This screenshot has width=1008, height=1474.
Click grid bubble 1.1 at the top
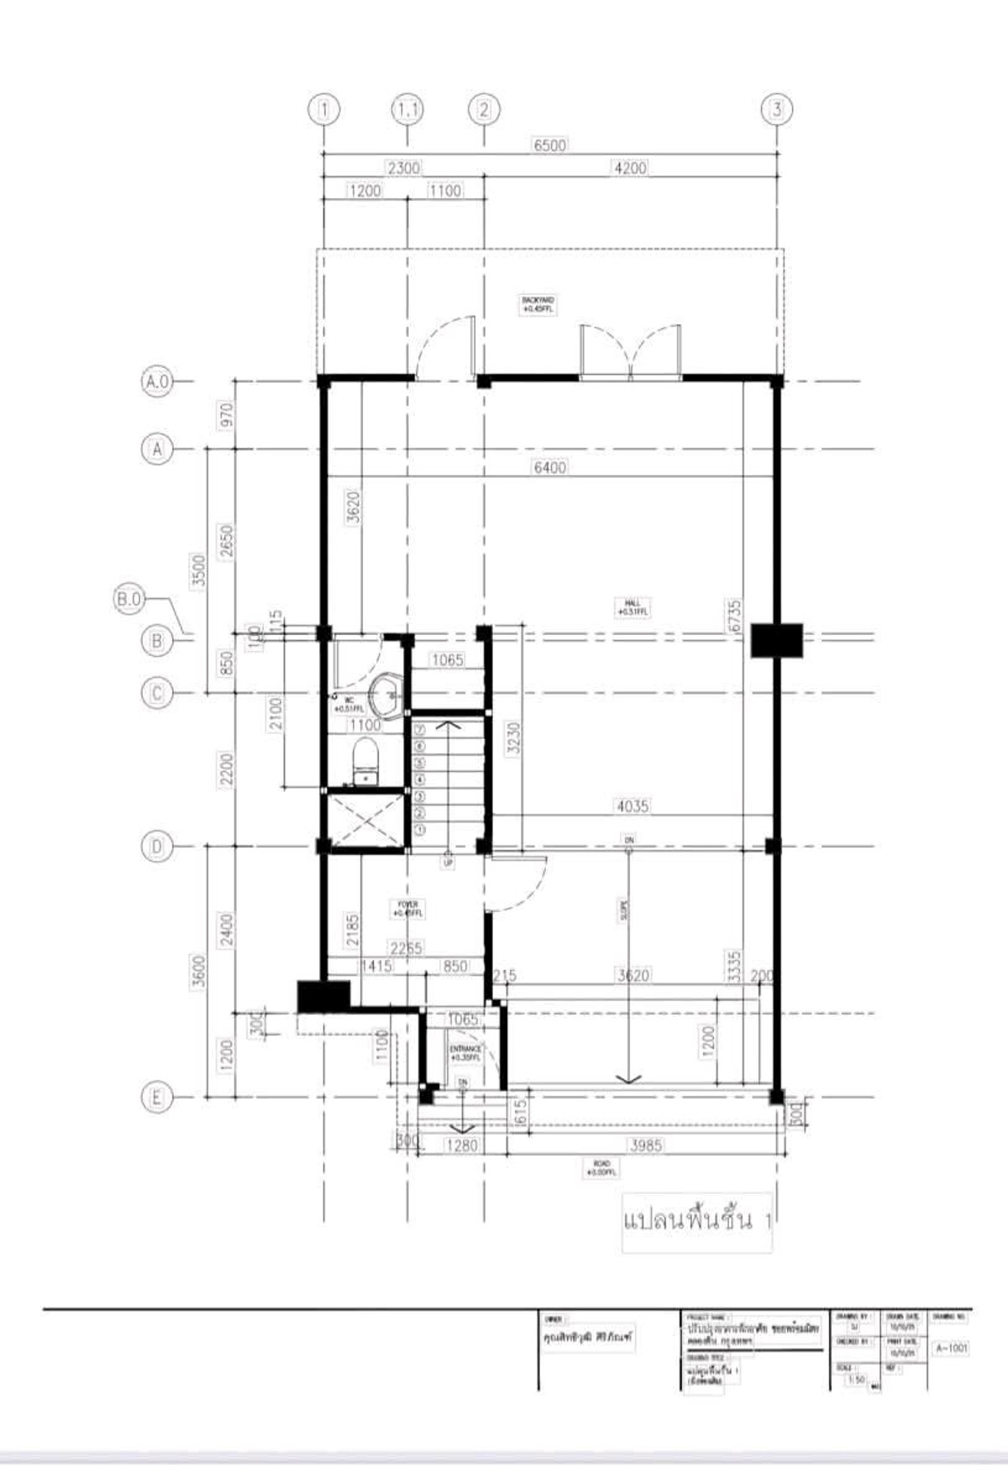408,109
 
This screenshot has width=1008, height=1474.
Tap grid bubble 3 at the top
776,109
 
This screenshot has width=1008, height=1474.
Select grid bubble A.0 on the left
156,381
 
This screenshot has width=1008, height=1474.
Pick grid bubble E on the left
156,1097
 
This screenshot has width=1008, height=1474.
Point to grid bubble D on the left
156,847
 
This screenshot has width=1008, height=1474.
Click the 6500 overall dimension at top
550,145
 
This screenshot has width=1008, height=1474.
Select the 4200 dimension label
630,168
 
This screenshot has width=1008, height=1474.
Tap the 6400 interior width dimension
550,467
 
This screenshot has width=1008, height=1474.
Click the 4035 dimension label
633,806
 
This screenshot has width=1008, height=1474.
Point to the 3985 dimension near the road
645,1145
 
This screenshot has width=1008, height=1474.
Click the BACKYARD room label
538,304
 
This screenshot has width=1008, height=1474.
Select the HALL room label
633,607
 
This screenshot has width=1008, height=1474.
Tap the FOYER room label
408,909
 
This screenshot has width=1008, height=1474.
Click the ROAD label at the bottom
602,1167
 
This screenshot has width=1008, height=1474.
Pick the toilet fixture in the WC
365,760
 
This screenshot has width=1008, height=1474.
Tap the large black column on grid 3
776,640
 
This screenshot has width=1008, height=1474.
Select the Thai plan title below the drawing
696,1220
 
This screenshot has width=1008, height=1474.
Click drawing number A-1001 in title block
952,1348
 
